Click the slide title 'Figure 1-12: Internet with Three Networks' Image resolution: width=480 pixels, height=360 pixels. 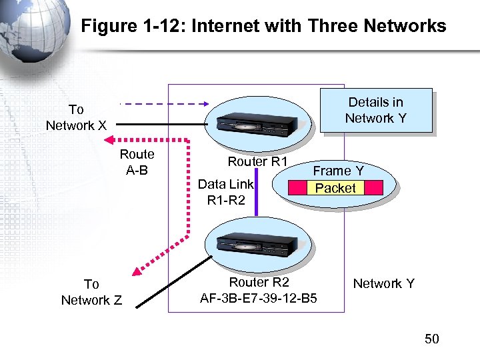263,26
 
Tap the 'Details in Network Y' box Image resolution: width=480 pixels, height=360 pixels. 376,111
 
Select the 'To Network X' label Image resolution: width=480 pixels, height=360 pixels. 75,117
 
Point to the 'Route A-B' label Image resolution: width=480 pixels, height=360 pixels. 137,162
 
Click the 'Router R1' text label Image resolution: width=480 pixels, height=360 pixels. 257,162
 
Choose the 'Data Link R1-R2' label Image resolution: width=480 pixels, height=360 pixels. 226,192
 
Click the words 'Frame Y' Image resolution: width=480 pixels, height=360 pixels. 339,171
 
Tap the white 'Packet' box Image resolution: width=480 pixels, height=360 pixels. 335,188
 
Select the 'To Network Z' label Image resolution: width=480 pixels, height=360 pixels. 91,292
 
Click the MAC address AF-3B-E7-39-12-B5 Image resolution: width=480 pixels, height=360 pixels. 258,298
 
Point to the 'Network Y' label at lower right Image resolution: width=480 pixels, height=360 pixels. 383,284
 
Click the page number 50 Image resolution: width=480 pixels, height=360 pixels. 432,339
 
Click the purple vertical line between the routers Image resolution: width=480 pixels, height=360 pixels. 274,193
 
